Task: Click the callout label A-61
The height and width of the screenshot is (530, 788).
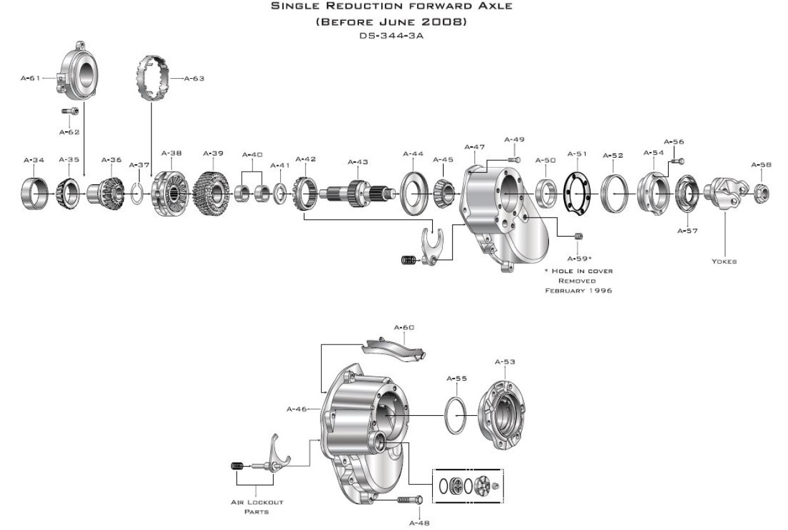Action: click(30, 78)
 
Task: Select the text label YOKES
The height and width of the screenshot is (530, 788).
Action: click(724, 261)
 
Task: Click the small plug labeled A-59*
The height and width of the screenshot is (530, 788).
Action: click(579, 237)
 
